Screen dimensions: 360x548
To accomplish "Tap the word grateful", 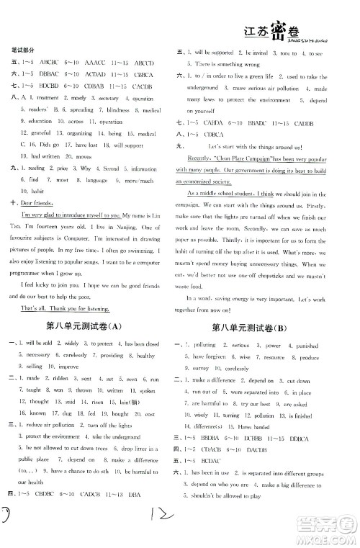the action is coord(37,133).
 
